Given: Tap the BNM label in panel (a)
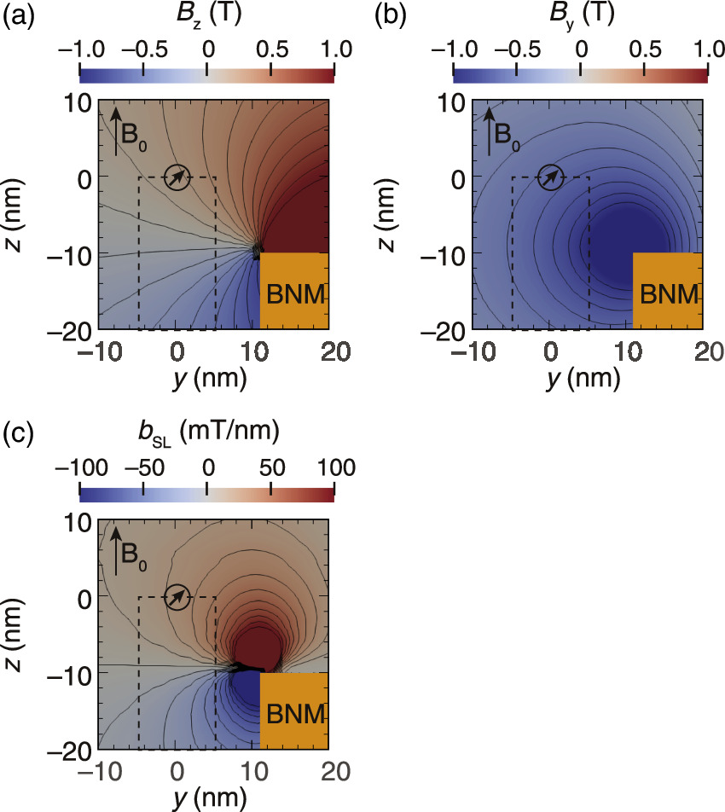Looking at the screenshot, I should [294, 294].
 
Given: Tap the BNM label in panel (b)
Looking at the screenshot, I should [668, 294].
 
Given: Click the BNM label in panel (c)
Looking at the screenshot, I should [294, 713].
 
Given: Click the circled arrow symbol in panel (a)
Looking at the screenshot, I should [177, 177].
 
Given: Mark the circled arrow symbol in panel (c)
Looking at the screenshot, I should [177, 597].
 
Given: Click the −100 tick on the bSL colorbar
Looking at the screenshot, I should [79, 467].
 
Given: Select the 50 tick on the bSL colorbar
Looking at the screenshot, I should [270, 467].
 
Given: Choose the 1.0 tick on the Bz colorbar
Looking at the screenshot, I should [333, 49].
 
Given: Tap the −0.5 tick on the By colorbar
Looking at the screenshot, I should [517, 49].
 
